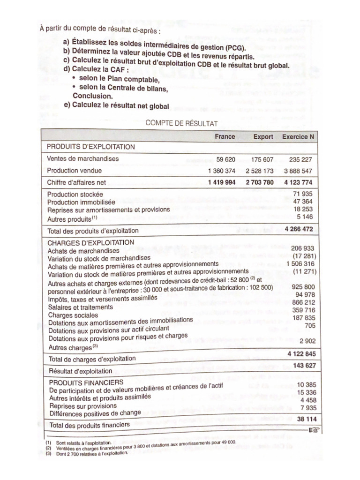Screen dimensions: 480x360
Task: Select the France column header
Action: [225, 137]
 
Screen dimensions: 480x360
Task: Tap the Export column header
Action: [263, 137]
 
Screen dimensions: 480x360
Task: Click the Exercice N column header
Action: [298, 137]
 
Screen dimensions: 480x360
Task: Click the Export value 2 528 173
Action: [259, 171]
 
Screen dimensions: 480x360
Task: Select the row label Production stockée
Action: [75, 194]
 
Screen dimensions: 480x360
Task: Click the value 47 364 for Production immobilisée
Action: [302, 202]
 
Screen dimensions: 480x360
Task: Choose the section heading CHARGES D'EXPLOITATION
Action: [91, 242]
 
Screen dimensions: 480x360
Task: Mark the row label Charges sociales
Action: [70, 315]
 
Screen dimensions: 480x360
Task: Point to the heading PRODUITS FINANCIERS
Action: [86, 383]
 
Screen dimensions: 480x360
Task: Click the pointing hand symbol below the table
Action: [313, 429]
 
